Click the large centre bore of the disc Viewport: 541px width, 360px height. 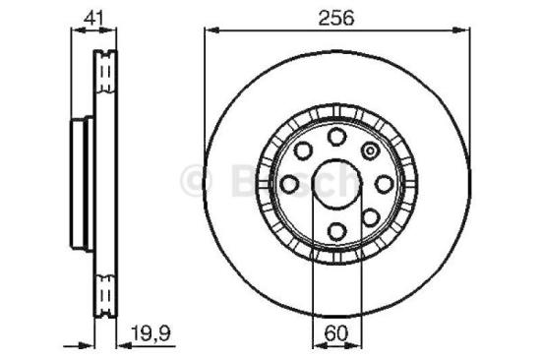tap(335, 183)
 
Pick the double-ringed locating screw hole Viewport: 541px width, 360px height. tap(370, 150)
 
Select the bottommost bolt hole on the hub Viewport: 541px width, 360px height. tap(335, 231)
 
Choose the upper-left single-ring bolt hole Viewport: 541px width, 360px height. tap(302, 150)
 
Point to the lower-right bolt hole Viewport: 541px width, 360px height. tap(369, 217)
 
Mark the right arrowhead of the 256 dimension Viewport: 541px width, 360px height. tap(461, 32)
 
